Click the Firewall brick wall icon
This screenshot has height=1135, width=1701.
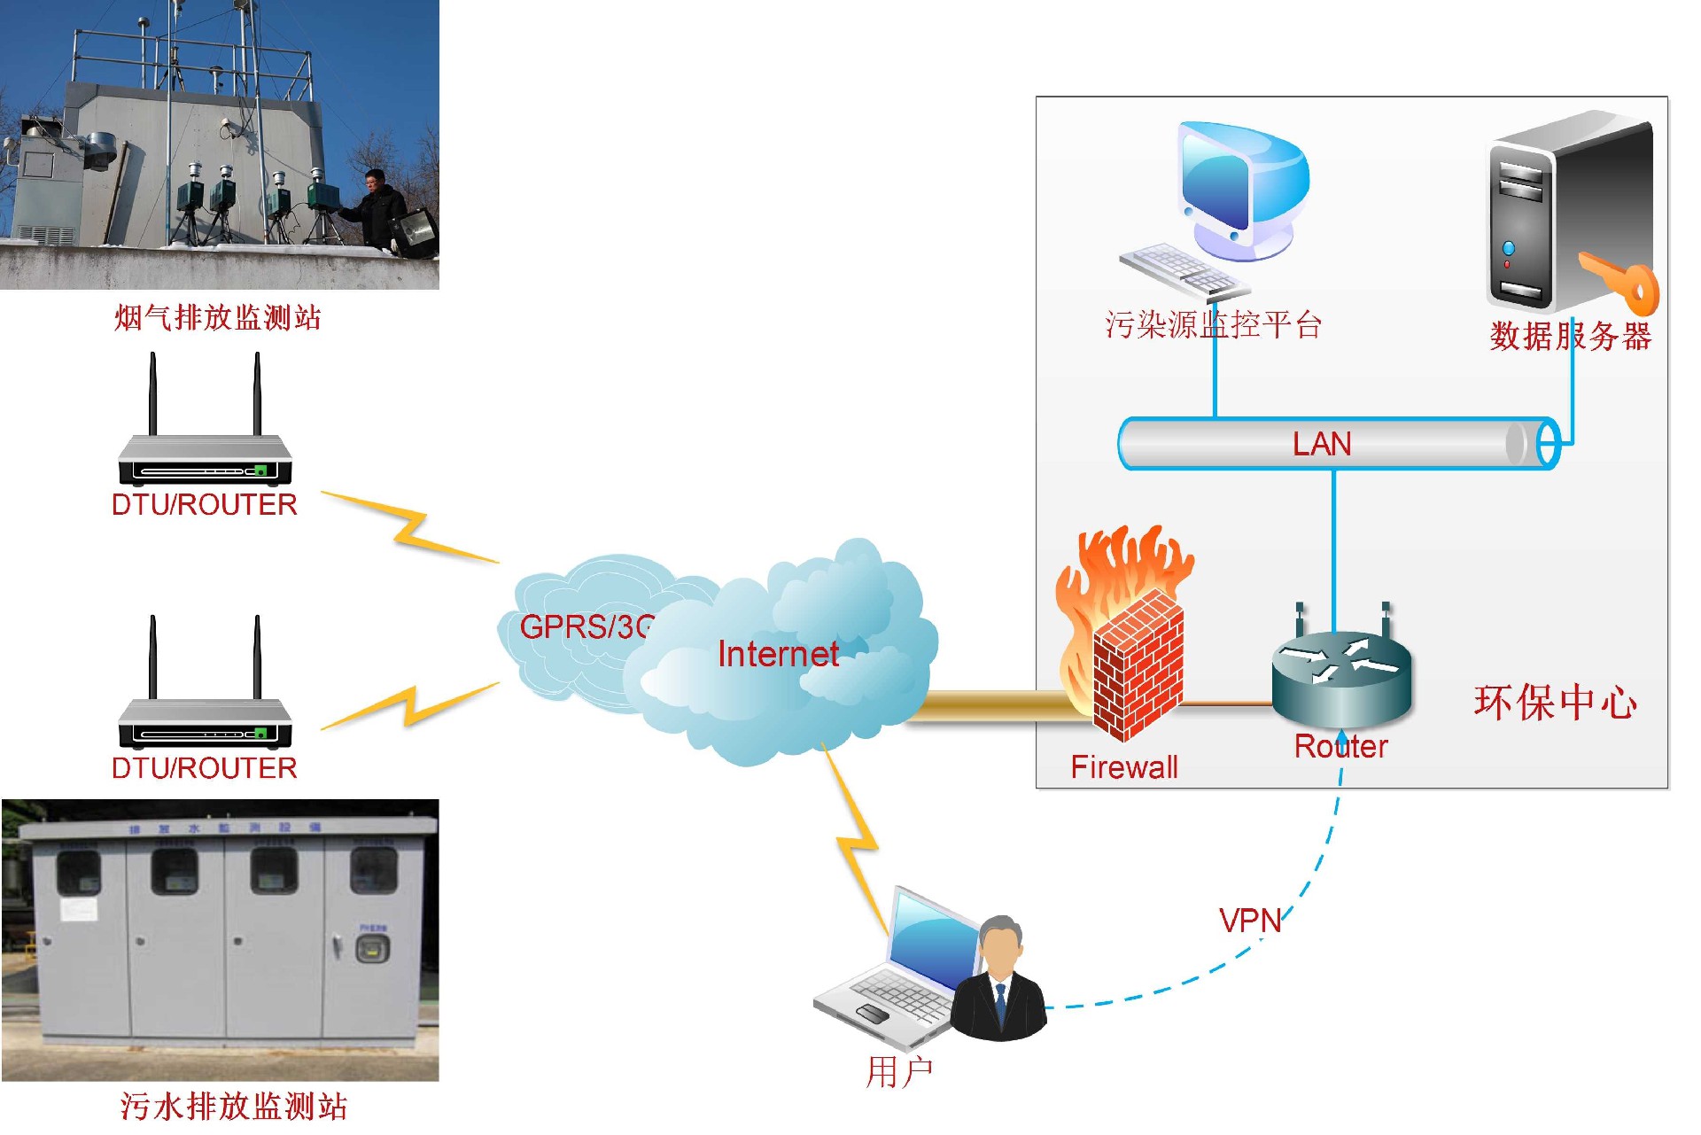point(1136,665)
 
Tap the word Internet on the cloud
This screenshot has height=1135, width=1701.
point(777,654)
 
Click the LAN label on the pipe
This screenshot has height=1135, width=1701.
point(1322,443)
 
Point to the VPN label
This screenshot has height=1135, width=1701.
point(1250,921)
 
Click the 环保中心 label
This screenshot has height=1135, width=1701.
point(1555,703)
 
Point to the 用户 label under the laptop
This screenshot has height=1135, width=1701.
point(898,1071)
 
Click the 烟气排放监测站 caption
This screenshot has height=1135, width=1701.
point(218,317)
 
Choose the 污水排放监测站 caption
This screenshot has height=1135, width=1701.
point(233,1106)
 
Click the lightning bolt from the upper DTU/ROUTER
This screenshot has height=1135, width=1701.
point(409,528)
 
